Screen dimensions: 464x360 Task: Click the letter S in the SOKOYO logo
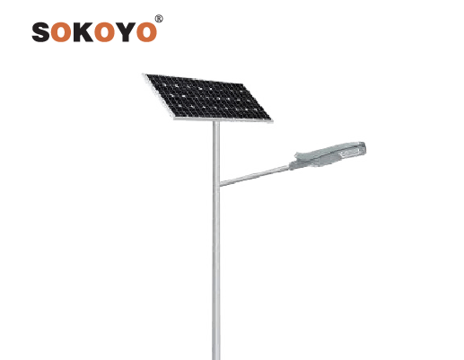tap(41, 31)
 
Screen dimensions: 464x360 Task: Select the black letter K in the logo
tap(83, 31)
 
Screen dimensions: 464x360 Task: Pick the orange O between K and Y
tap(105, 31)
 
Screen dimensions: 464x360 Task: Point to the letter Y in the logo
tap(126, 31)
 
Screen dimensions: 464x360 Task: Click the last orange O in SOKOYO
tap(146, 31)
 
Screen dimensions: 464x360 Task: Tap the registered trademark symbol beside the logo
tap(159, 19)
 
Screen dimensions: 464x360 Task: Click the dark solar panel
tap(208, 98)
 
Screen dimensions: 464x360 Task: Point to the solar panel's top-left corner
tap(144, 74)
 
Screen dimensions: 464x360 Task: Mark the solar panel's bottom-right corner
tap(272, 121)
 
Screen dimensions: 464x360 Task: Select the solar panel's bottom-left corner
tap(174, 119)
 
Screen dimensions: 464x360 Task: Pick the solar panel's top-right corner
tap(242, 83)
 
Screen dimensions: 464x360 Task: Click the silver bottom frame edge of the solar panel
tap(223, 120)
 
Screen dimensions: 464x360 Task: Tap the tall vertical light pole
tap(216, 240)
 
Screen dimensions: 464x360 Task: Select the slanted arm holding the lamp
tap(255, 176)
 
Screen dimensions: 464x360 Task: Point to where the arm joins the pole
tap(220, 183)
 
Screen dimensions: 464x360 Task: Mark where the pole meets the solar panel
tap(216, 120)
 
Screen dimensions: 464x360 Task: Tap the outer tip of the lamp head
tap(365, 147)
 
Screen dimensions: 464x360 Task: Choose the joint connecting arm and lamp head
tap(291, 166)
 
